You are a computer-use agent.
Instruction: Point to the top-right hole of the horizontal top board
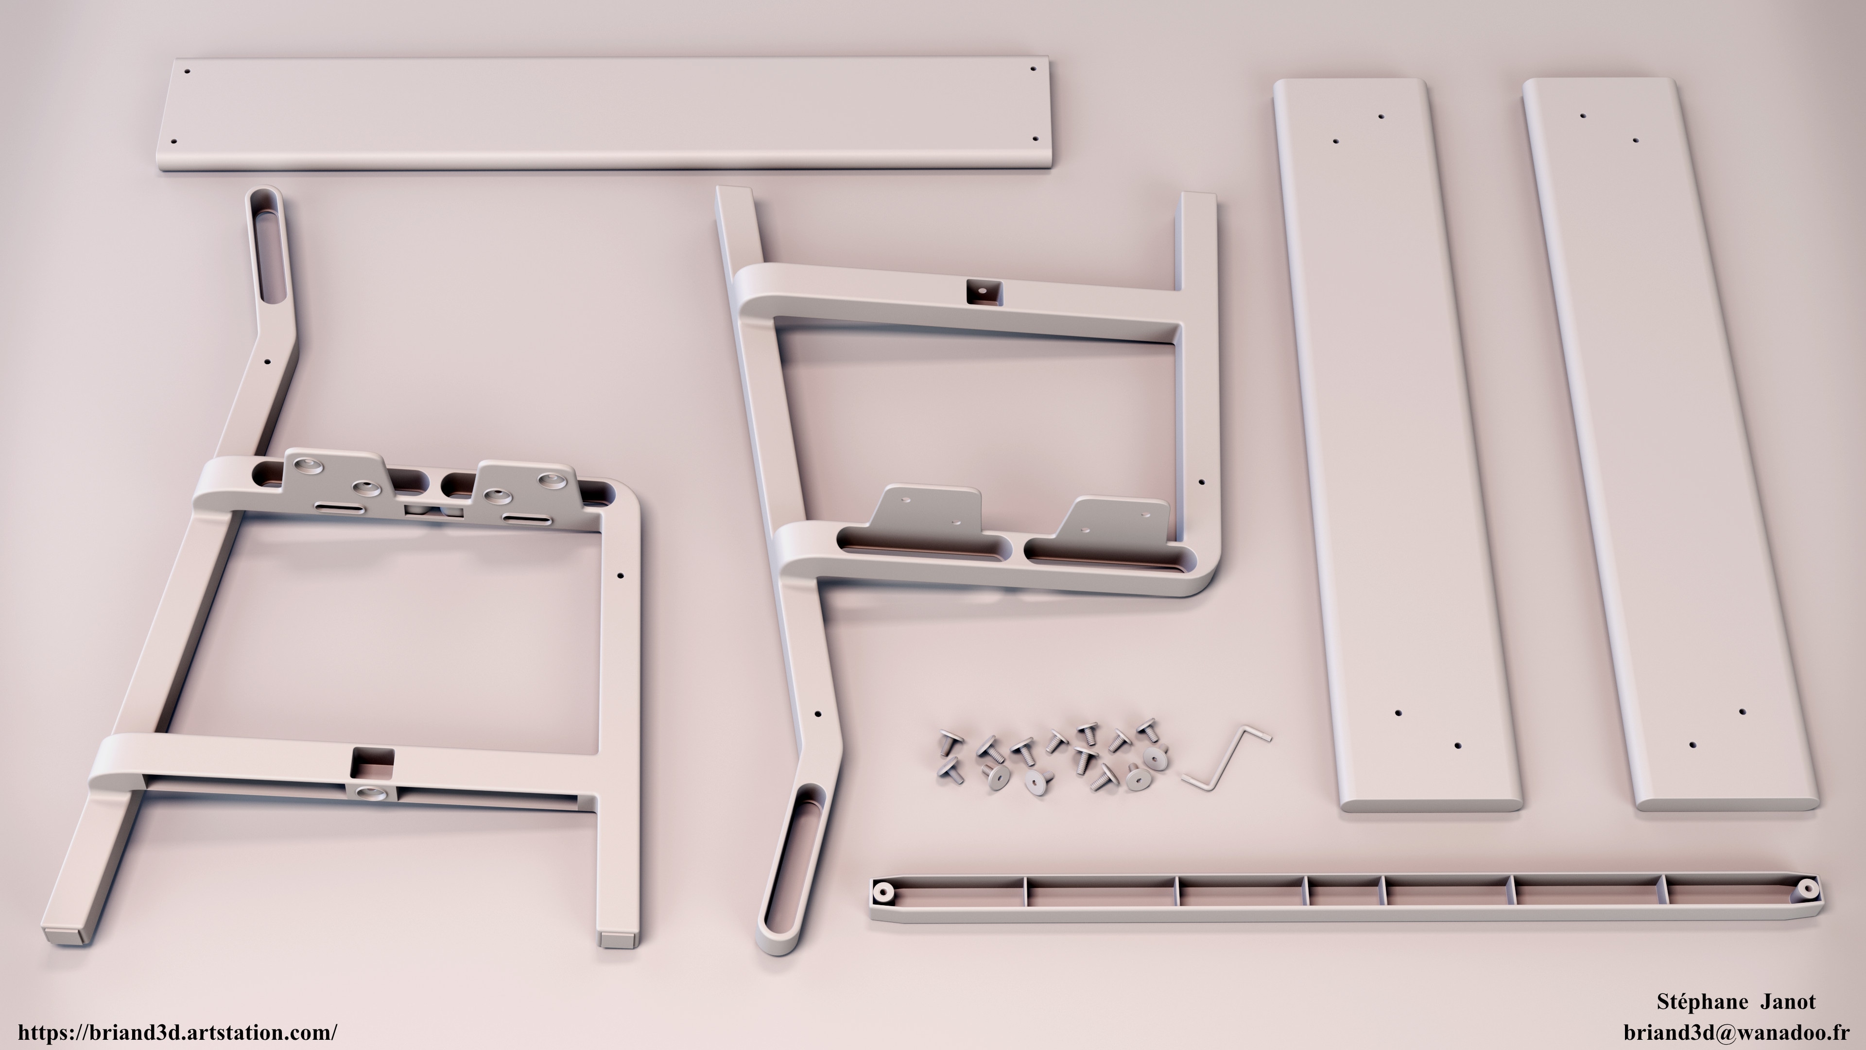coord(1033,70)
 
